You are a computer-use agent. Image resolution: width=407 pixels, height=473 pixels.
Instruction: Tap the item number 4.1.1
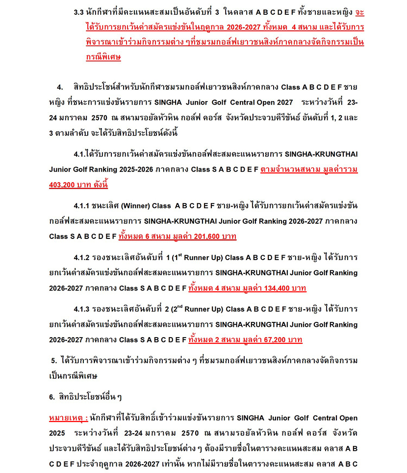(x=82, y=206)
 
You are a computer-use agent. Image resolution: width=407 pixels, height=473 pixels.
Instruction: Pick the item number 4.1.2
(x=82, y=257)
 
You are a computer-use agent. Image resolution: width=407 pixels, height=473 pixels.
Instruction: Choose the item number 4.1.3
(x=82, y=309)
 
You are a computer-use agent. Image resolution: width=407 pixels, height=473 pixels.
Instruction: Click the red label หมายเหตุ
(x=68, y=418)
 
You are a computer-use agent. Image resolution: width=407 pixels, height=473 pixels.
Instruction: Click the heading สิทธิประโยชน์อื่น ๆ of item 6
(x=91, y=396)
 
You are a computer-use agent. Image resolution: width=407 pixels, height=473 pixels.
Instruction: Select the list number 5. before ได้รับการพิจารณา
(x=54, y=361)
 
